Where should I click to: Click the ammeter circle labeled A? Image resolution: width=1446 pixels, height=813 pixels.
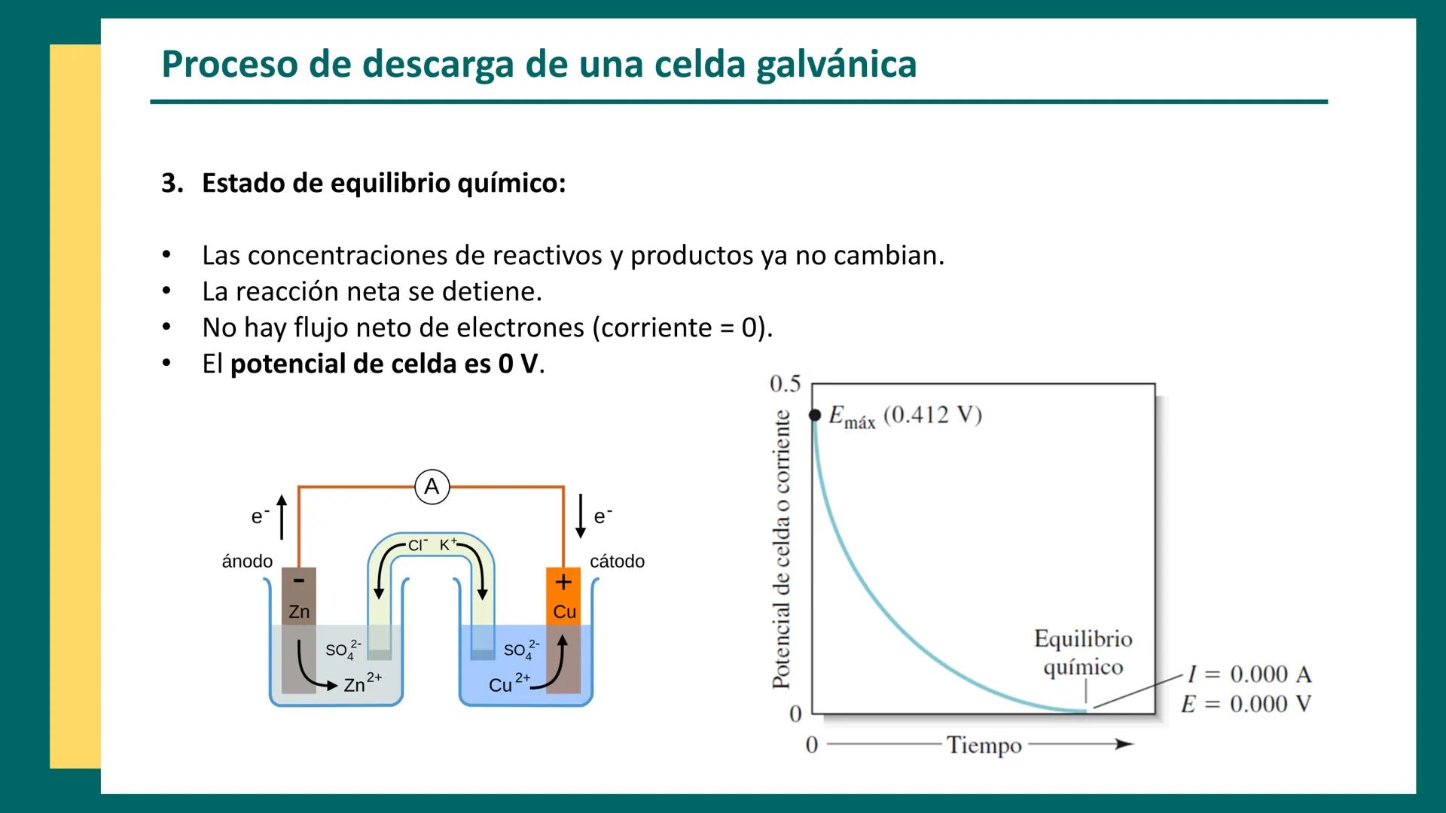point(432,486)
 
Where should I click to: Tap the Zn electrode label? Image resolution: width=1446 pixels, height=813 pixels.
point(299,612)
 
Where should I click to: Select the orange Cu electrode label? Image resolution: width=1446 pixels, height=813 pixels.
point(564,612)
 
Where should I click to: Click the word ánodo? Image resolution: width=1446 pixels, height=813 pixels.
point(247,562)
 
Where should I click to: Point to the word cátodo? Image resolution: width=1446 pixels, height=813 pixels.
point(617,562)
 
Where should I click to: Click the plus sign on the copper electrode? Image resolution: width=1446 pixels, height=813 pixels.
point(563,582)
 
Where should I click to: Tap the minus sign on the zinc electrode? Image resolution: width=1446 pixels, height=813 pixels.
point(299,580)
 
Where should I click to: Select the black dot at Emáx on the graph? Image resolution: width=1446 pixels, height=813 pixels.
point(814,416)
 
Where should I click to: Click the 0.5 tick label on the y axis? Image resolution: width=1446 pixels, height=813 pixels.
point(785,385)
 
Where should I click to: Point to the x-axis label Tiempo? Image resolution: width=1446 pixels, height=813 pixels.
point(984,745)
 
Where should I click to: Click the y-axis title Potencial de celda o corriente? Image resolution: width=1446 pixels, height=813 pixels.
point(782,550)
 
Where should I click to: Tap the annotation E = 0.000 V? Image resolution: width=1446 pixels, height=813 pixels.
point(1246,705)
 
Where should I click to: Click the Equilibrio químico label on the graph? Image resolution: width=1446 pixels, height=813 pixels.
point(1083,653)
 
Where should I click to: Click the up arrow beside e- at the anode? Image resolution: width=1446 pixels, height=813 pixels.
point(282,517)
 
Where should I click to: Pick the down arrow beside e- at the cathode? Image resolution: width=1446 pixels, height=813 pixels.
point(581,516)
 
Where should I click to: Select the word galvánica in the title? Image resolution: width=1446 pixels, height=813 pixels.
point(836,65)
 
